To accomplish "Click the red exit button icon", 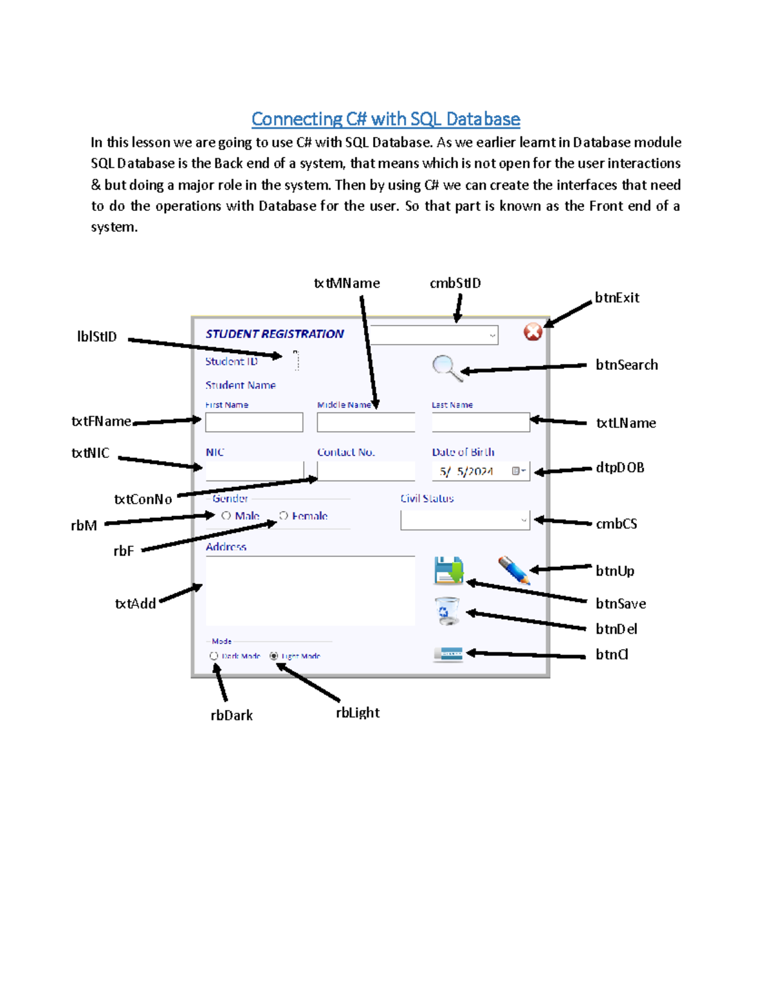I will tap(533, 332).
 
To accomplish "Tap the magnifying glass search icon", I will tap(445, 367).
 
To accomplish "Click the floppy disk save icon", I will tap(448, 570).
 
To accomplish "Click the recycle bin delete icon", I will tap(447, 610).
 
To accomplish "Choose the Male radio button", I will tap(226, 516).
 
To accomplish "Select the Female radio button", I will tap(284, 516).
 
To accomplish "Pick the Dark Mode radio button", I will tap(214, 656).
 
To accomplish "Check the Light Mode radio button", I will tap(274, 656).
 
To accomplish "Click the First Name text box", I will tap(254, 423).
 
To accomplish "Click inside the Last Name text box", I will tap(481, 423).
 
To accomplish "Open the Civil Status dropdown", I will tap(465, 520).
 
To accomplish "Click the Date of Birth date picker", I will tap(481, 472).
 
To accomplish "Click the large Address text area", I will tap(310, 591).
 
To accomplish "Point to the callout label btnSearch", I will tap(627, 365).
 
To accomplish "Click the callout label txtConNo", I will tap(143, 499).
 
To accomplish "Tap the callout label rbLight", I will tap(358, 713).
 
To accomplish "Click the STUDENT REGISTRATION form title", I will tap(275, 334).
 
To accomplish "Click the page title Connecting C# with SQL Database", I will tap(385, 119).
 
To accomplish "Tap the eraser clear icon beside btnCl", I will tap(448, 655).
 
